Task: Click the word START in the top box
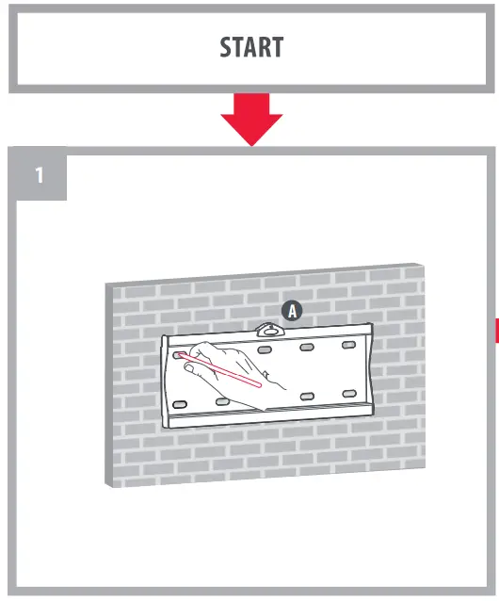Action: (x=249, y=46)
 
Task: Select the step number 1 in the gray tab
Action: (x=39, y=175)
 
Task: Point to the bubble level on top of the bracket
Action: (x=268, y=330)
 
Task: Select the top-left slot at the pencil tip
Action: (x=179, y=355)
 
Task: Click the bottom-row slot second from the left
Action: (x=223, y=401)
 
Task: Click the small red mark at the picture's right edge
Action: (x=495, y=330)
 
